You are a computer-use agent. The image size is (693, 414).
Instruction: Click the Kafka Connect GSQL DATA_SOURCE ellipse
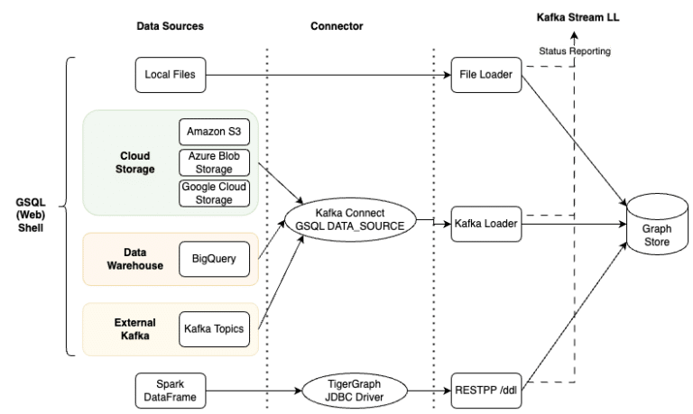pos(351,219)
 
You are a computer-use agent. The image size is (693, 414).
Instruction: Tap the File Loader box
pos(486,75)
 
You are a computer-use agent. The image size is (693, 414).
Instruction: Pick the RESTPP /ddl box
pos(486,389)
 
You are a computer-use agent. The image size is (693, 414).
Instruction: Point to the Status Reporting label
pos(575,51)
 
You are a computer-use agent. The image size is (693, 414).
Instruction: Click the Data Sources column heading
pos(170,26)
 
